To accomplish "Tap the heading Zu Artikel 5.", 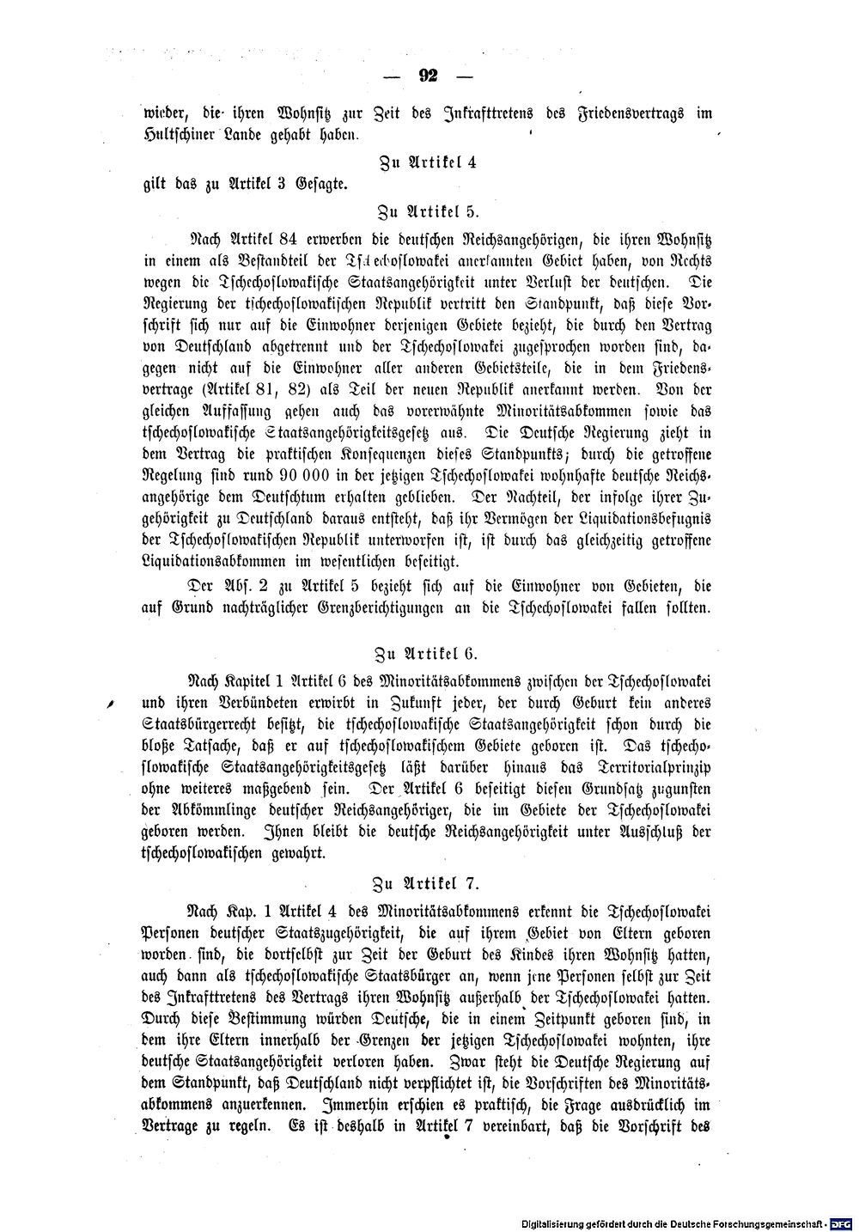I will click(x=429, y=209).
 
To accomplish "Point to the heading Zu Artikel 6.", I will click(x=429, y=651).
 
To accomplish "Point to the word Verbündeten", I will click(x=234, y=703).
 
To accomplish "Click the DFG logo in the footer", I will click(x=841, y=1220).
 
